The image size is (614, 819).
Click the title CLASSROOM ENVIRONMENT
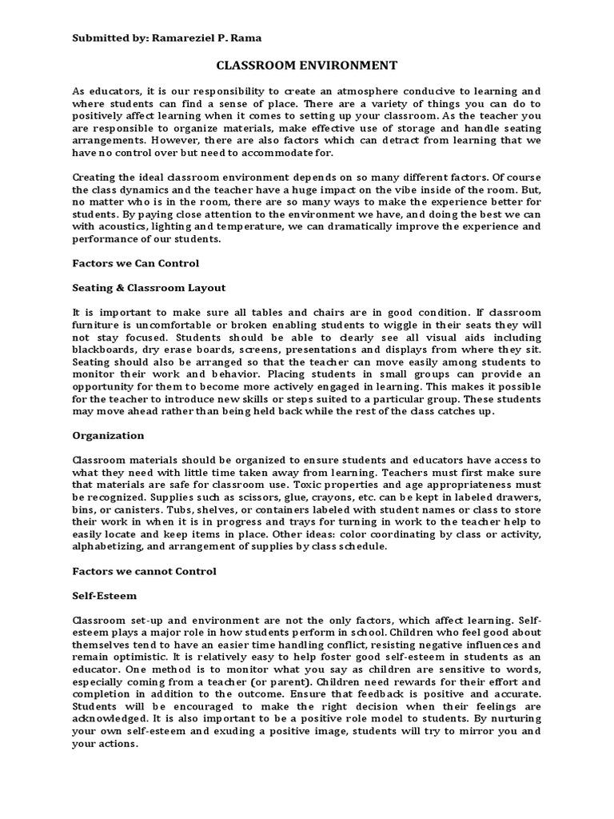[306, 65]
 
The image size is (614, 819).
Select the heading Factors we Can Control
[135, 262]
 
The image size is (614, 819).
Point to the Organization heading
[108, 435]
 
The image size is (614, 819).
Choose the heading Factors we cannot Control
[144, 571]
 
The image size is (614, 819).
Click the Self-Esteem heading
[104, 596]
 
